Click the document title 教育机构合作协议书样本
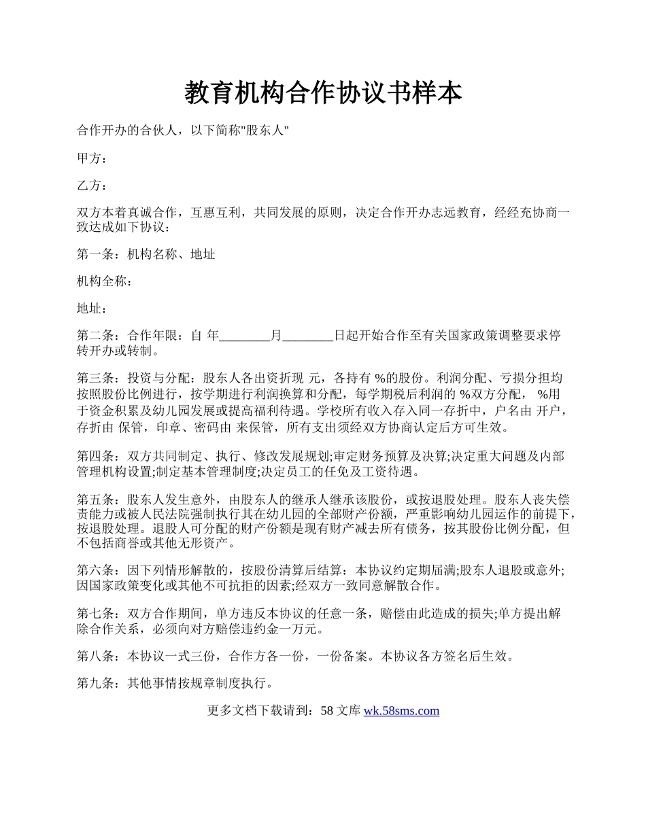click(x=323, y=93)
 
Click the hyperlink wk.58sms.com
click(x=401, y=711)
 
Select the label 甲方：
click(x=92, y=158)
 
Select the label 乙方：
click(x=92, y=186)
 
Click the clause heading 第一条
click(x=96, y=254)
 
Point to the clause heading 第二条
click(x=96, y=336)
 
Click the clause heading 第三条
click(x=96, y=379)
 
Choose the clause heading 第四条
click(x=96, y=456)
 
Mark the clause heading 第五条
click(x=96, y=499)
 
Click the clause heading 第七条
click(x=96, y=613)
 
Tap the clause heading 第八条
click(x=96, y=656)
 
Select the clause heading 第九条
click(x=96, y=683)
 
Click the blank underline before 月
click(x=245, y=336)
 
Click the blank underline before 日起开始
click(x=307, y=336)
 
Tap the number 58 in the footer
click(x=326, y=711)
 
